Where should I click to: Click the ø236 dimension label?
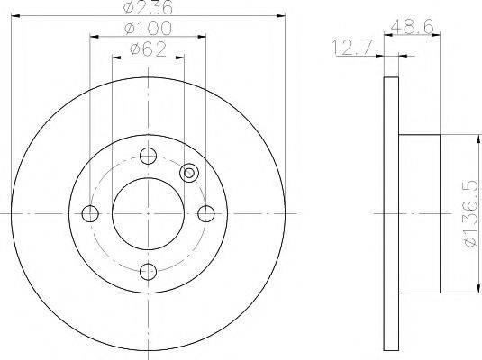click(x=148, y=8)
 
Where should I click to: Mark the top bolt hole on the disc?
click(x=148, y=155)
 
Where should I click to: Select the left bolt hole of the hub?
click(x=89, y=213)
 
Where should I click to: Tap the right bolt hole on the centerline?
click(x=206, y=213)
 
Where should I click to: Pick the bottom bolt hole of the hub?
click(x=148, y=272)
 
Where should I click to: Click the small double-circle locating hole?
click(x=189, y=174)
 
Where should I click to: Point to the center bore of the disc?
click(x=148, y=213)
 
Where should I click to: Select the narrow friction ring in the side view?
click(x=391, y=213)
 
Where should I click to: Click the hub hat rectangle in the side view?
click(x=418, y=213)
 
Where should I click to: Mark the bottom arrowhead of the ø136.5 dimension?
click(x=474, y=289)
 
